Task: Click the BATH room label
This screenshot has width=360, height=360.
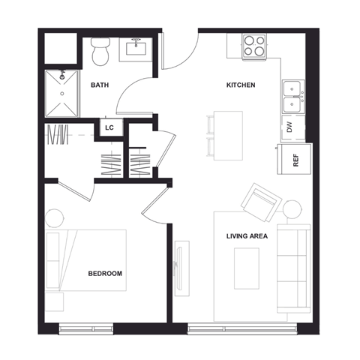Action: [x=99, y=85]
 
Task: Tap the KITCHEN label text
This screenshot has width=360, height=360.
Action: [x=241, y=85]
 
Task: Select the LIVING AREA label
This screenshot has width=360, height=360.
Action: [x=247, y=236]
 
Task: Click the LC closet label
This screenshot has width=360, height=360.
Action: [x=109, y=128]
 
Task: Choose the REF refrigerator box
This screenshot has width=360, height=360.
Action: [x=295, y=160]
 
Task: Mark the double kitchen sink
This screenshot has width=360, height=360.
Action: [x=292, y=95]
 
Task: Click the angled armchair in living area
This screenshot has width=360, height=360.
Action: [x=259, y=201]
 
